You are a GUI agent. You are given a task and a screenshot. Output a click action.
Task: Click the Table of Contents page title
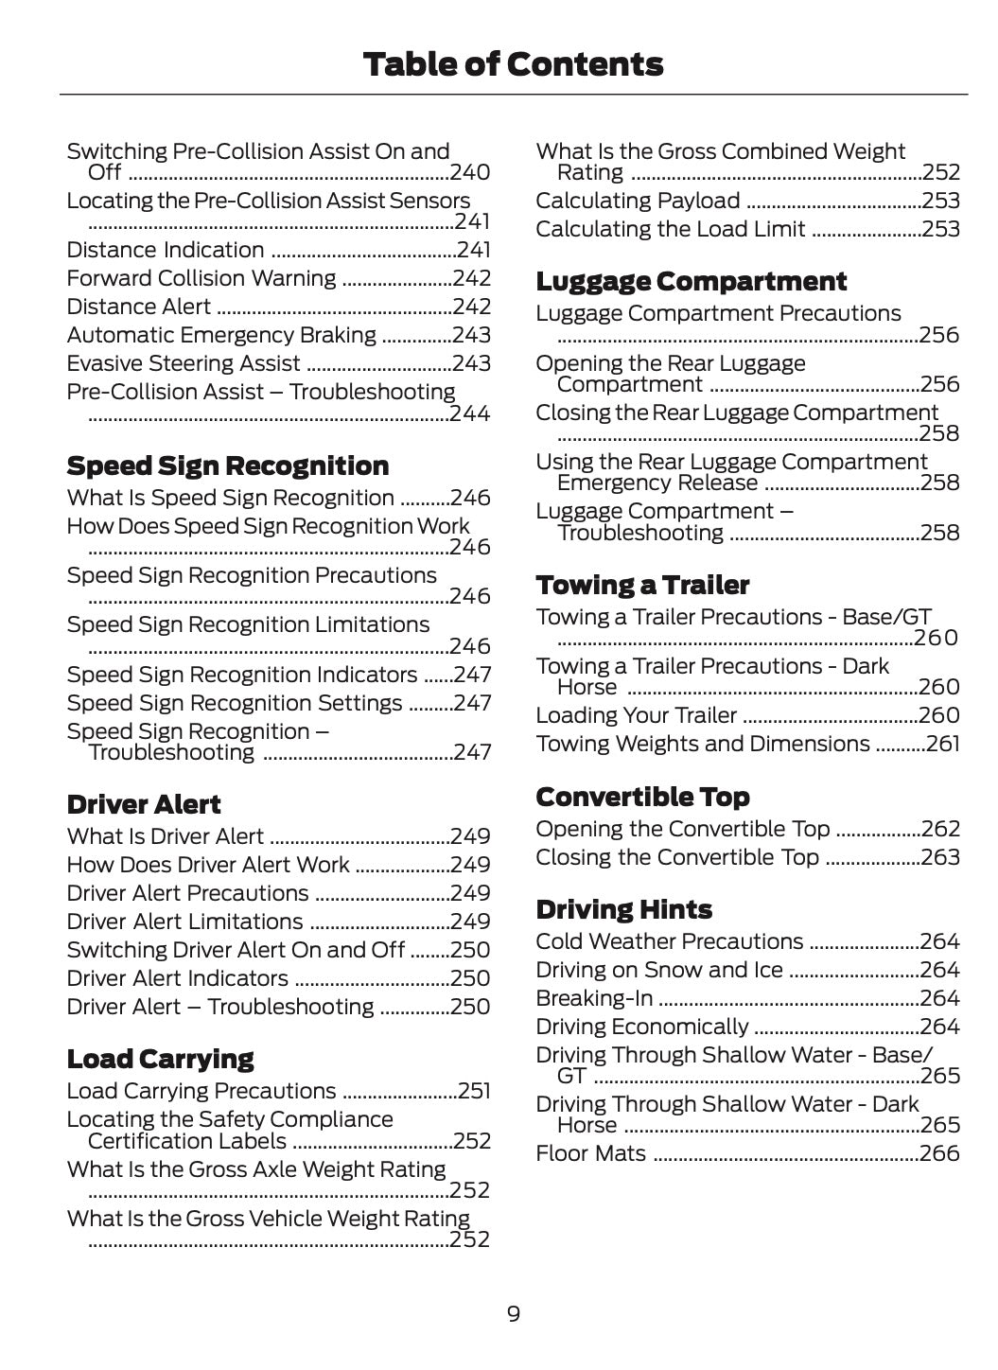click(512, 64)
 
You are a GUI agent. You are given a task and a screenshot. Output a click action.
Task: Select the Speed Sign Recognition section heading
click(227, 465)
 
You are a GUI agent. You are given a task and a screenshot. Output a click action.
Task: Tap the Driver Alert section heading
click(143, 804)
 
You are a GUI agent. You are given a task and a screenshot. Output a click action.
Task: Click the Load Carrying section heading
click(160, 1059)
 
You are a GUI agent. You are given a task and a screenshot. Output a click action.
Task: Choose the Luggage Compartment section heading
click(691, 281)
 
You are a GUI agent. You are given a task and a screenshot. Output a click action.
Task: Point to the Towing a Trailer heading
click(642, 585)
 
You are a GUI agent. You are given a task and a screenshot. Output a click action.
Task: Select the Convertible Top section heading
click(642, 797)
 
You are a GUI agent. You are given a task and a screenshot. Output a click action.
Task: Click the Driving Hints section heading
click(623, 909)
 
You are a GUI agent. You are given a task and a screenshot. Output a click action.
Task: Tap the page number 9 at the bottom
click(513, 1313)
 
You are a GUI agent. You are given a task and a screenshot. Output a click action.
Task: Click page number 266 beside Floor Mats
click(939, 1153)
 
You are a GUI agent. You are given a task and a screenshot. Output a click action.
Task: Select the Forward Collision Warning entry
click(201, 278)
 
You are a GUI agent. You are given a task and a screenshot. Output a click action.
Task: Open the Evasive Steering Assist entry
click(184, 363)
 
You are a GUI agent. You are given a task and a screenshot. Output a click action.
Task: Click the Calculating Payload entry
click(638, 201)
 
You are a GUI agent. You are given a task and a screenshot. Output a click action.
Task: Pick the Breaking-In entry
click(593, 998)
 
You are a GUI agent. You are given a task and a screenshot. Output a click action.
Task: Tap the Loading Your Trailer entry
click(636, 715)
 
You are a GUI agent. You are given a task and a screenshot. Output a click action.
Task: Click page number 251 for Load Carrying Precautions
click(474, 1091)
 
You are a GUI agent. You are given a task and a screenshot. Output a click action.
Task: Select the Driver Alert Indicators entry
click(177, 978)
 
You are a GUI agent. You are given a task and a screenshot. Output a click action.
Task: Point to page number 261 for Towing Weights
click(942, 744)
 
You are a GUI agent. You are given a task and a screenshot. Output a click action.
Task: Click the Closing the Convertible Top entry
click(676, 857)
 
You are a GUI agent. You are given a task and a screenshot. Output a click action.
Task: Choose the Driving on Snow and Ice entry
click(658, 970)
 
